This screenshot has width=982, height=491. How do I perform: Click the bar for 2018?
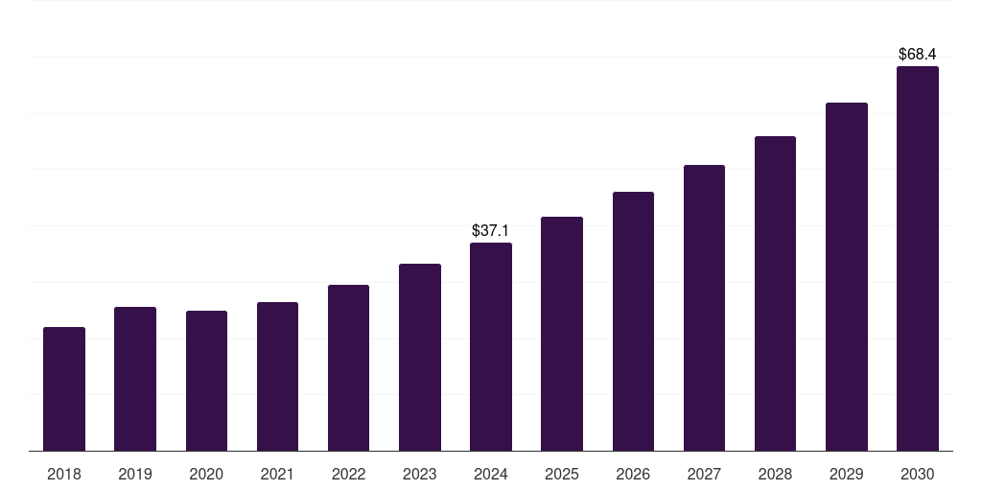coord(64,389)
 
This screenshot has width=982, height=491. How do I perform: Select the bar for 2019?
coord(135,379)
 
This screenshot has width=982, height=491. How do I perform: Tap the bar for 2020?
coord(206,381)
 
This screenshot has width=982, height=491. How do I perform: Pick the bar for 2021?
coord(277,377)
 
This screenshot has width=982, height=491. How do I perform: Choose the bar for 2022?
coord(348,368)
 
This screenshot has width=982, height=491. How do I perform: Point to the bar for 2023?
coord(420,358)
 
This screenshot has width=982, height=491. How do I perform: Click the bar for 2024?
coord(491,347)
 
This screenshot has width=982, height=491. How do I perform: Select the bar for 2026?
coord(633,321)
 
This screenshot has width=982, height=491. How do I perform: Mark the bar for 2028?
coord(775,293)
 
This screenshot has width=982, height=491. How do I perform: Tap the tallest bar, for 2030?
coord(917,259)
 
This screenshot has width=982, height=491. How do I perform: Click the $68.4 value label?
coord(918,55)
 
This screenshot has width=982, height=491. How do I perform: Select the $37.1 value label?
coord(491,231)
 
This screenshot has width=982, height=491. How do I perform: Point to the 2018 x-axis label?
coord(64,474)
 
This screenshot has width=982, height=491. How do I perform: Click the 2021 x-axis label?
coord(277,474)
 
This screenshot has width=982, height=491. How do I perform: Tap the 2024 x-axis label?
coord(491,474)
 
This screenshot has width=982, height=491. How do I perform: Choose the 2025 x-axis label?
coord(562,474)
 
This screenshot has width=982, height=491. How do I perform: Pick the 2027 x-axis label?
coord(704,474)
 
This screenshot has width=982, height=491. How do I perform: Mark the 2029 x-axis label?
coord(846,474)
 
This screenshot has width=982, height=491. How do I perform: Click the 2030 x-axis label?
coord(917,474)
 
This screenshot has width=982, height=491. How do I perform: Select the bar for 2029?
coord(846,277)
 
